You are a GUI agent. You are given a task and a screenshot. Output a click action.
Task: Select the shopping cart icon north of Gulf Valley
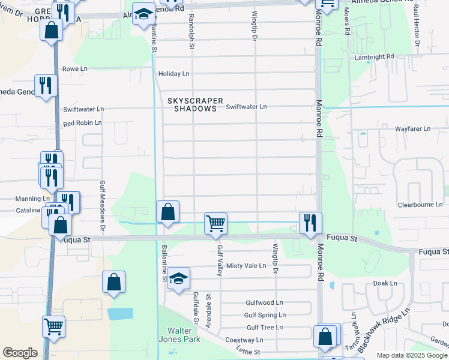[215, 223]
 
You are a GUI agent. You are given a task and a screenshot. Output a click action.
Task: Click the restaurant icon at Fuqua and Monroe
[310, 223]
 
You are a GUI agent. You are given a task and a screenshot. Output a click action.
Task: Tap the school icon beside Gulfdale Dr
[178, 278]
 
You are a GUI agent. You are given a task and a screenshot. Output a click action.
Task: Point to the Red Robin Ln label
[82, 123]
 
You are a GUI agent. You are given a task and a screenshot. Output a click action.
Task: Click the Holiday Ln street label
[173, 74]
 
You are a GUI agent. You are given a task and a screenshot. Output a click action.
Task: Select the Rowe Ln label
[75, 69]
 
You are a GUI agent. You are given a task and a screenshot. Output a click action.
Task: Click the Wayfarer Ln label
[412, 128]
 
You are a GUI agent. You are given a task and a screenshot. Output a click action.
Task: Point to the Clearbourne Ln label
[420, 205]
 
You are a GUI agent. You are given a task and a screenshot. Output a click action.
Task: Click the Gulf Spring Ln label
[264, 315]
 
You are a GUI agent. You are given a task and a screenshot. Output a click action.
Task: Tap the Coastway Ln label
[240, 340]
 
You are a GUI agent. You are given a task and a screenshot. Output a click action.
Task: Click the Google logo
[20, 353]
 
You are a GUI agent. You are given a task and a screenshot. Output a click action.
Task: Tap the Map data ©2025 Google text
[411, 355]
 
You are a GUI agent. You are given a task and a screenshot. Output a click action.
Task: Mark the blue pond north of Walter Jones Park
[120, 313]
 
